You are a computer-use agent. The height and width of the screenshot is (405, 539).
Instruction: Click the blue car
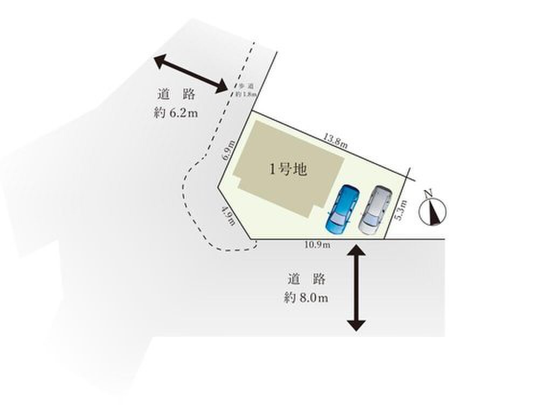click(342, 210)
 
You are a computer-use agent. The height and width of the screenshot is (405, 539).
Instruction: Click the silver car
click(375, 210)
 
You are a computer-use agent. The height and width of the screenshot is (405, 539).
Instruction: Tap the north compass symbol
click(433, 211)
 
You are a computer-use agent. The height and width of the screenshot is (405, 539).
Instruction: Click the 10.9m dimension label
click(317, 245)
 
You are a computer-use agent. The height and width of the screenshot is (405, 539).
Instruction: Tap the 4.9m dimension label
click(229, 216)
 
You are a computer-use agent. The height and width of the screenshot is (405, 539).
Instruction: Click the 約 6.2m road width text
click(176, 113)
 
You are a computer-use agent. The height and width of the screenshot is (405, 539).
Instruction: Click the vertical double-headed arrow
click(356, 286)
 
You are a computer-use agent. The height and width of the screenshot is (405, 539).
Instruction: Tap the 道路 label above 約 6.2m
click(176, 94)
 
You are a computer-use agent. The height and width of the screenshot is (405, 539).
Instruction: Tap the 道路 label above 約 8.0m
click(306, 279)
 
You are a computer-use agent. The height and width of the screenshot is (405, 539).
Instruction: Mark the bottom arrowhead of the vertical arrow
click(356, 325)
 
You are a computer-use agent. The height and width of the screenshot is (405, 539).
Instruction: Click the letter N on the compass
click(429, 193)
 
